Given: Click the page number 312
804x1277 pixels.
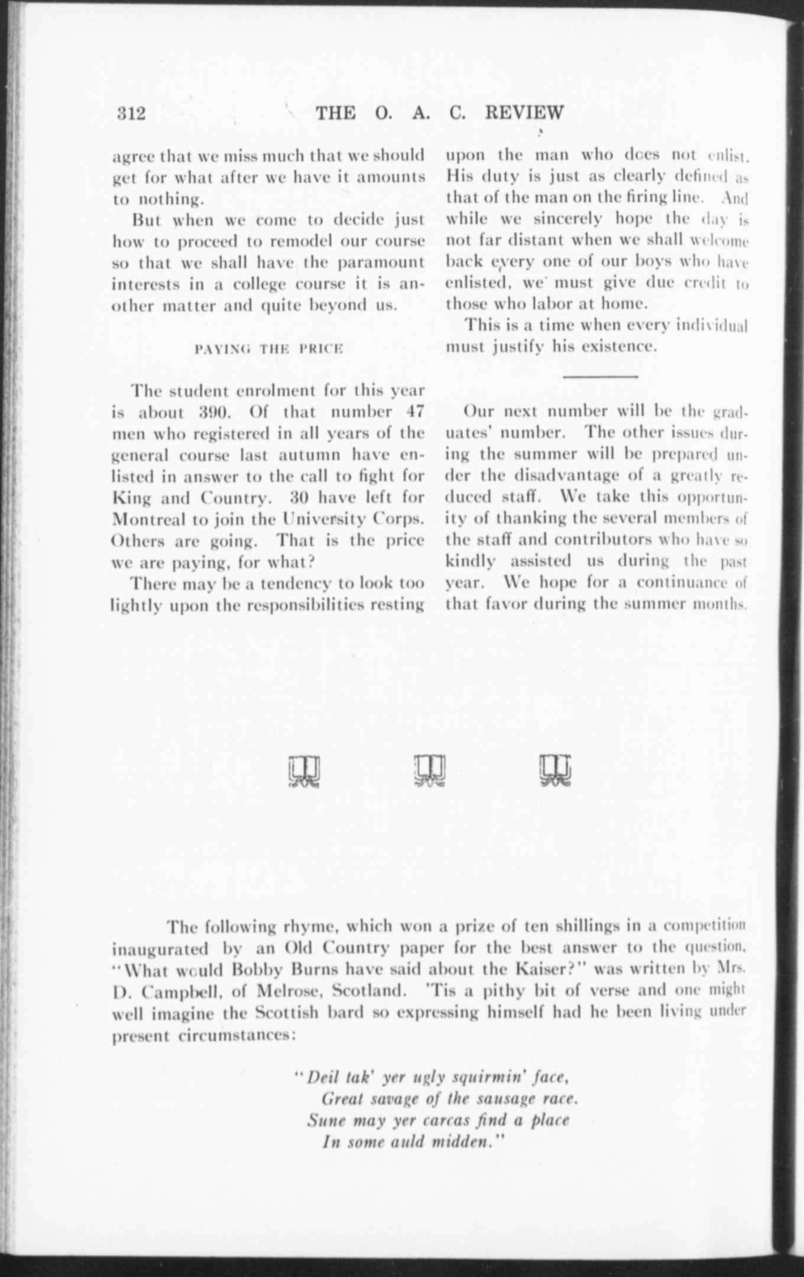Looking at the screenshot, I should pos(131,113).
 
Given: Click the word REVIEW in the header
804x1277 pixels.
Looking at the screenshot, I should pos(524,112).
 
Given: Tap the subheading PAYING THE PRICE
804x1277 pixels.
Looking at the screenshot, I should pos(269,349).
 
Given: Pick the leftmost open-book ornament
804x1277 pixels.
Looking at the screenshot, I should pos(305,772).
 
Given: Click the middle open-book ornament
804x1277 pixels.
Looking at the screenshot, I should pos(430,772).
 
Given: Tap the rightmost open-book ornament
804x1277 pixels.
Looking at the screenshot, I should pos(556,772).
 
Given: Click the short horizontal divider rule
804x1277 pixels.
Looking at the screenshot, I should pos(600,376).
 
